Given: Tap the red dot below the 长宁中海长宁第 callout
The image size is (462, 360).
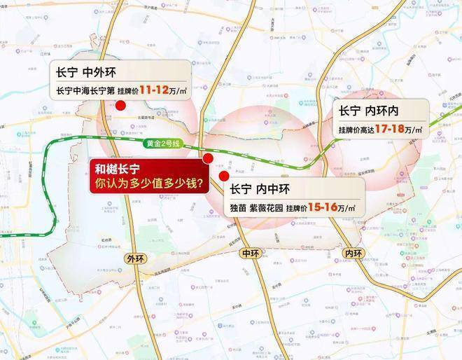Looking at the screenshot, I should click(x=120, y=106).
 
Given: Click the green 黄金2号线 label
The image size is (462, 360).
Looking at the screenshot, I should click(x=162, y=144).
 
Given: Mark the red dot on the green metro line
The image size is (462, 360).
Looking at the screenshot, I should click(x=207, y=160).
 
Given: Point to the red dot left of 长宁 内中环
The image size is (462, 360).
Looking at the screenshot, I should click(x=223, y=175).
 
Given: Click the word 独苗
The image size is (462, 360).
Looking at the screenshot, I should click(x=239, y=208).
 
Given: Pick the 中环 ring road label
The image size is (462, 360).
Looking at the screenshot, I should click(x=250, y=253).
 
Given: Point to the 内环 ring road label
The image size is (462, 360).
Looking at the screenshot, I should click(x=354, y=253).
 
